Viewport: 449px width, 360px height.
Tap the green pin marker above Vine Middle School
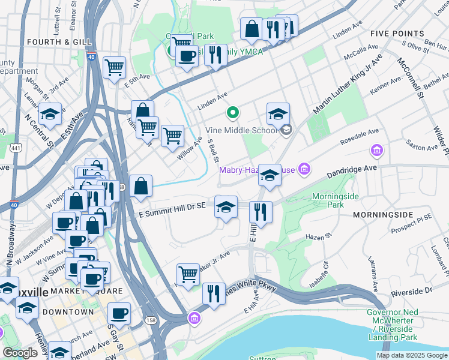click(x=232, y=112)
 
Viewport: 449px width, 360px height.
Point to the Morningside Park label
click(x=328, y=200)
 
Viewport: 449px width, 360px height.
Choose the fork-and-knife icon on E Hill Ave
click(x=261, y=211)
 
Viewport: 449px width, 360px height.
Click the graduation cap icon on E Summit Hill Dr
click(x=226, y=206)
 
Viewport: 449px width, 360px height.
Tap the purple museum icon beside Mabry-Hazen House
click(x=304, y=170)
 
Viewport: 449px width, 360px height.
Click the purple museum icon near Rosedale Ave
click(x=376, y=149)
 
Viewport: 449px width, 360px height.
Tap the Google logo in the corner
click(x=20, y=353)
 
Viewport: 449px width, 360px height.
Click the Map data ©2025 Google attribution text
click(x=411, y=355)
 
